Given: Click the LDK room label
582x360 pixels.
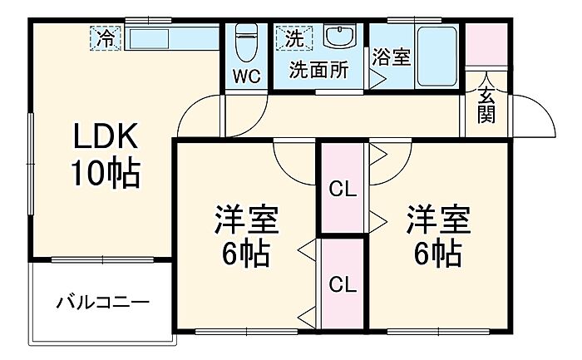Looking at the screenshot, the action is pyautogui.click(x=106, y=136).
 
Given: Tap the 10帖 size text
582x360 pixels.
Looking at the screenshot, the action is pyautogui.click(x=106, y=174).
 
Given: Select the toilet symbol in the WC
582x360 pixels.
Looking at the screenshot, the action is pyautogui.click(x=246, y=42).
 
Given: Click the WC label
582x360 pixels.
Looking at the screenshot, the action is pyautogui.click(x=247, y=76).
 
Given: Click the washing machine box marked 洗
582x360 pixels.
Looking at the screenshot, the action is pyautogui.click(x=294, y=38).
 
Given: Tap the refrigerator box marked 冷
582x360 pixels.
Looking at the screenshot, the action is pyautogui.click(x=106, y=38).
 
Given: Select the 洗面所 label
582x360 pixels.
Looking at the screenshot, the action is pyautogui.click(x=319, y=69).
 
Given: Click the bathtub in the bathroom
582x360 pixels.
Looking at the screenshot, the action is pyautogui.click(x=436, y=57).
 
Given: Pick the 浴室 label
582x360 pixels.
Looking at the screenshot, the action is pyautogui.click(x=392, y=57).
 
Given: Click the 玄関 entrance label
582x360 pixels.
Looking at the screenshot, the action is pyautogui.click(x=486, y=106).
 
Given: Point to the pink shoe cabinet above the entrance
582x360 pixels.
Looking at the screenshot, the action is pyautogui.click(x=486, y=44).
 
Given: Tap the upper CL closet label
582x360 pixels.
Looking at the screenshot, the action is pyautogui.click(x=343, y=190).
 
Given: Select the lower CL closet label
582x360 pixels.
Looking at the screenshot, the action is pyautogui.click(x=343, y=285).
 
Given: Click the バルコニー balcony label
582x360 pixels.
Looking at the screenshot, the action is pyautogui.click(x=102, y=303).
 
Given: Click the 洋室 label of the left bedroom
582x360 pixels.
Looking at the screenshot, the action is pyautogui.click(x=246, y=219).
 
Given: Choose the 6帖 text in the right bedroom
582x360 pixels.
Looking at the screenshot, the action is pyautogui.click(x=438, y=254).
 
